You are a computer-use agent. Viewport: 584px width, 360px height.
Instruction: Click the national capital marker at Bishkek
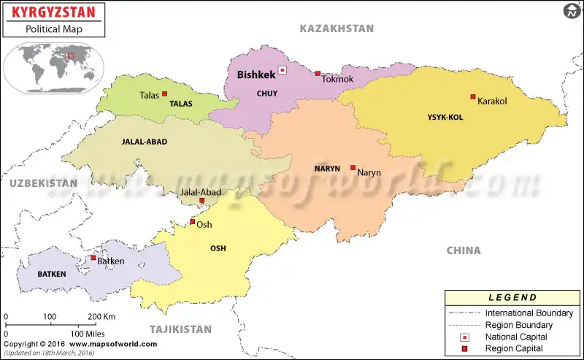point(282,71)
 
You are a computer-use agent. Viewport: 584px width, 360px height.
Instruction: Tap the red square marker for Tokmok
point(318,73)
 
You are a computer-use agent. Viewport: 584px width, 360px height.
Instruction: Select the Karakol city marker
point(473,96)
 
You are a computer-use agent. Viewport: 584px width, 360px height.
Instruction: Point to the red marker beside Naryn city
point(353,167)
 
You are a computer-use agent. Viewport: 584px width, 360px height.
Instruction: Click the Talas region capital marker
point(165,93)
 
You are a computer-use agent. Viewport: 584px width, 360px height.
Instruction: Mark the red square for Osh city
point(193,221)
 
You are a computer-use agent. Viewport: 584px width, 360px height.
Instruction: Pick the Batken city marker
point(93,257)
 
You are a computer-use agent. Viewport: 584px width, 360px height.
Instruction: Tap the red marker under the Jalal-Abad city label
point(201,199)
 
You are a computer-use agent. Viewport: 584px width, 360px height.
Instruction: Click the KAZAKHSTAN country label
point(337,28)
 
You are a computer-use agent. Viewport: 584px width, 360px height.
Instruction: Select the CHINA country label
point(464,250)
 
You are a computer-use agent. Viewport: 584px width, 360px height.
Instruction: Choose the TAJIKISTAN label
point(180,329)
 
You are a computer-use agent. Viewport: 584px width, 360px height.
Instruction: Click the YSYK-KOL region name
point(445,117)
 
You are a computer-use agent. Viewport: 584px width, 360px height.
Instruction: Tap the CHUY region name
point(267,93)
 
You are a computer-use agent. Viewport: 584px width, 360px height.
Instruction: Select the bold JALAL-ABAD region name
point(145,142)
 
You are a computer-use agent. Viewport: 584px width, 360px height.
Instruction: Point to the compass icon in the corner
point(571,11)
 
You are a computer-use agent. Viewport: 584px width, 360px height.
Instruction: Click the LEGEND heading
point(513,297)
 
